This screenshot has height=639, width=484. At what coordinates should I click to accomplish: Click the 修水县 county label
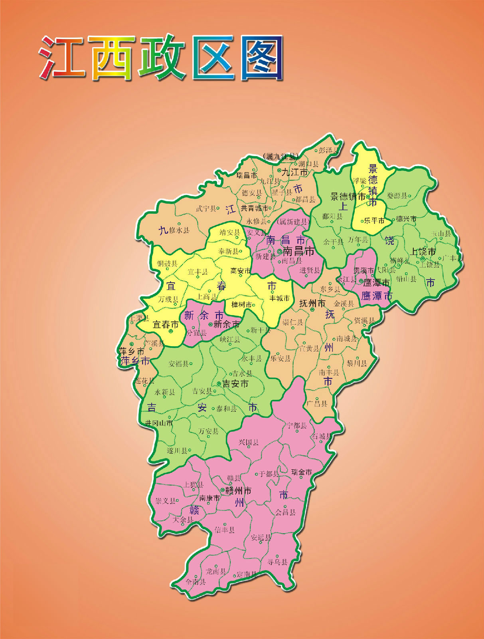(x=179, y=230)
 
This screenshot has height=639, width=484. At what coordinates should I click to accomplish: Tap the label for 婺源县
(x=397, y=196)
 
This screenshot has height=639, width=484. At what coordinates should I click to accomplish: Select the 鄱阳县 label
(x=332, y=216)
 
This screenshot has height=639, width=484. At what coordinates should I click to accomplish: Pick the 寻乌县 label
(x=277, y=562)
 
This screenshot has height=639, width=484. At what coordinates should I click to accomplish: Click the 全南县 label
(x=196, y=582)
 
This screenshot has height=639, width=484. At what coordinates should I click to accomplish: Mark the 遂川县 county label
(x=177, y=450)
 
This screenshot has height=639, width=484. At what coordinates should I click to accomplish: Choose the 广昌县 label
(x=317, y=403)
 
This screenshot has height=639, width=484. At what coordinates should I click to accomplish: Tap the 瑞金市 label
(x=302, y=472)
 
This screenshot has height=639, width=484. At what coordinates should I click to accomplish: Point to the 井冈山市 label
(x=159, y=423)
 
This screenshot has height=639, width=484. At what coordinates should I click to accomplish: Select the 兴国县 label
(x=249, y=442)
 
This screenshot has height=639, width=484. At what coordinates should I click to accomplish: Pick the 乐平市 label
(x=374, y=220)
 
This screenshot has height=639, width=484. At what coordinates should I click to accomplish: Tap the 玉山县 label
(x=441, y=234)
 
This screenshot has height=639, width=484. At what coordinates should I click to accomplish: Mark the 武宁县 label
(x=206, y=208)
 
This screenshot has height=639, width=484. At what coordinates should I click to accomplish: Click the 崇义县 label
(x=165, y=500)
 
